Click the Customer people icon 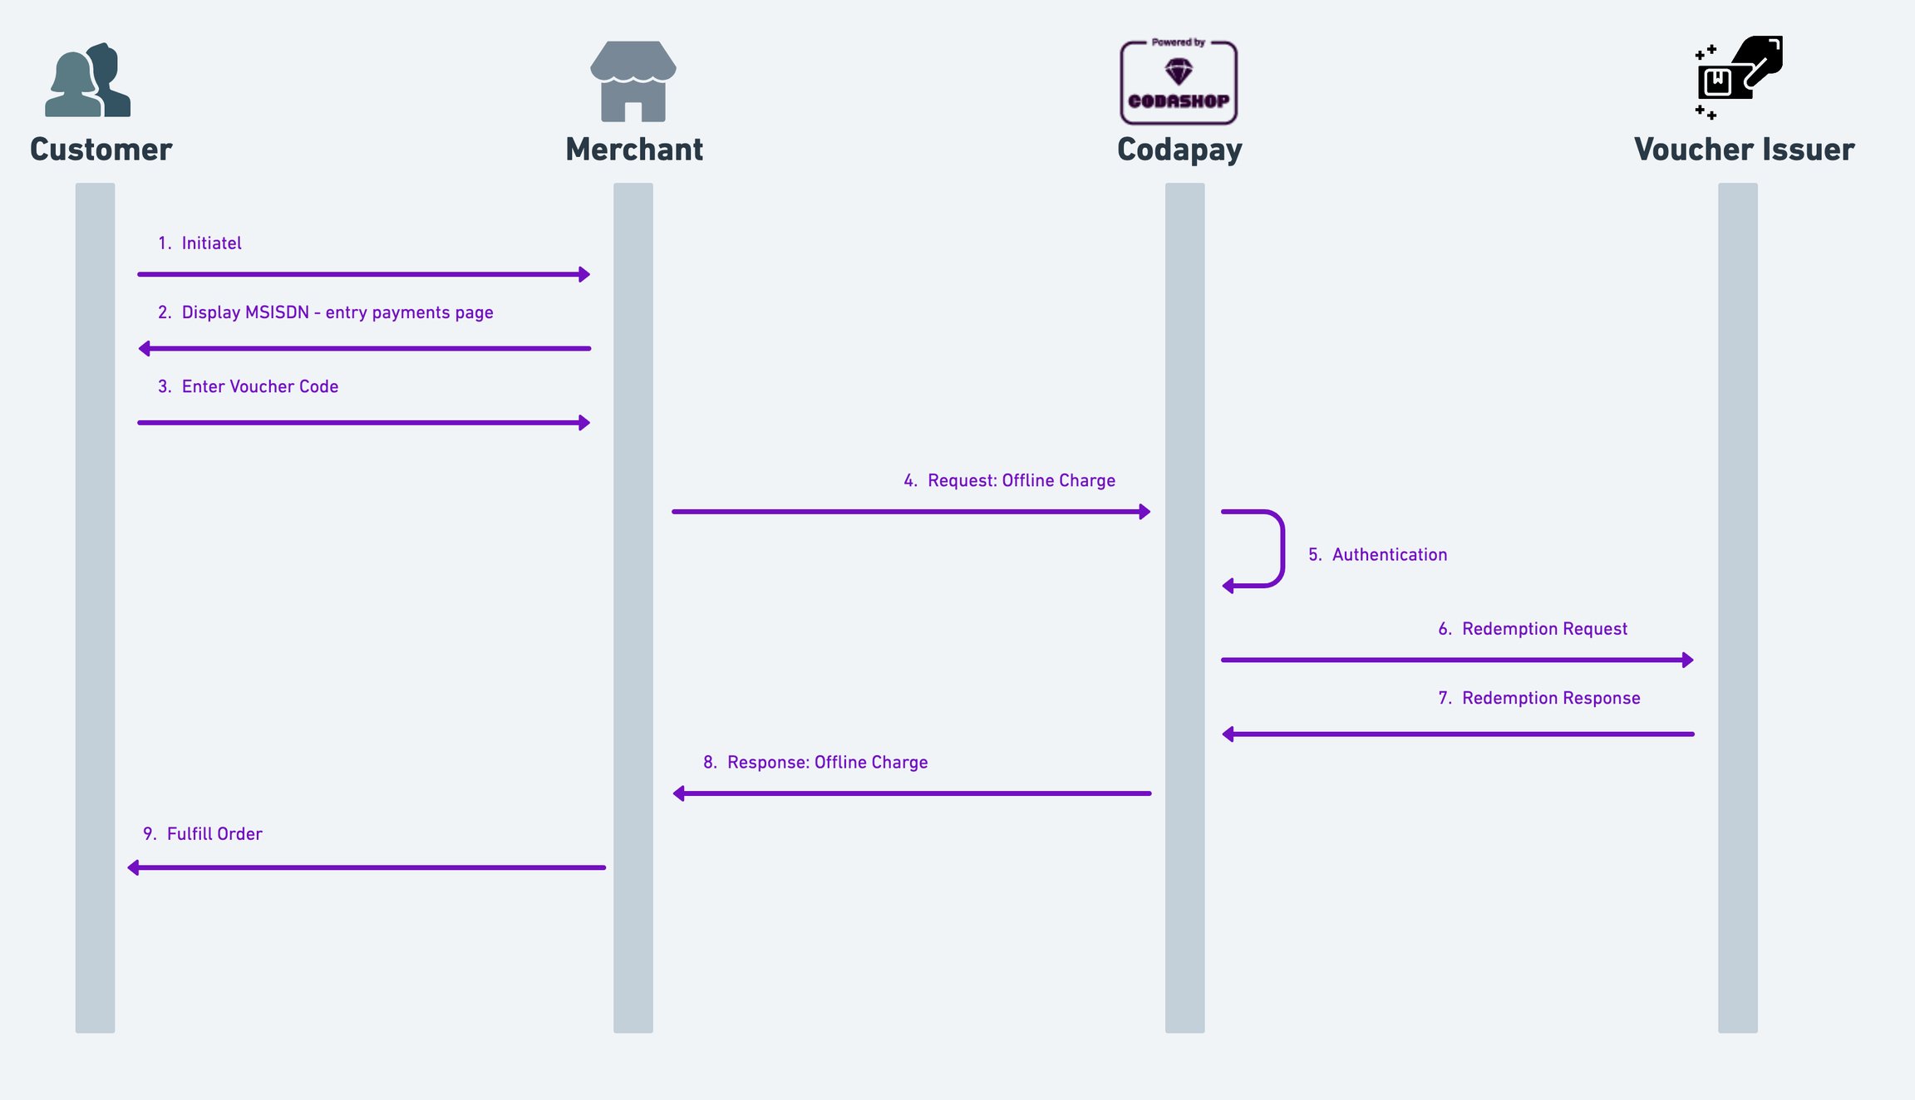[87, 80]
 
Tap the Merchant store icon [633, 81]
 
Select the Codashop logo [1179, 81]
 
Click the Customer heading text [101, 150]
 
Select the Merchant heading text [634, 150]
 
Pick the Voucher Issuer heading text [1744, 150]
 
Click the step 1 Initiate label [199, 243]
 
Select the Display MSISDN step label [326, 313]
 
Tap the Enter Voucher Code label [248, 386]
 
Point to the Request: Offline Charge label [1010, 480]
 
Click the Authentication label [1378, 555]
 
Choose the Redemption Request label [1533, 629]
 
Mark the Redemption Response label [1539, 699]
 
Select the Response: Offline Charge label [815, 763]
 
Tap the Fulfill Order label [203, 834]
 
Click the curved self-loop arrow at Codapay [1282, 549]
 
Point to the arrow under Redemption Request [1457, 660]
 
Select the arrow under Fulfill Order [367, 867]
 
